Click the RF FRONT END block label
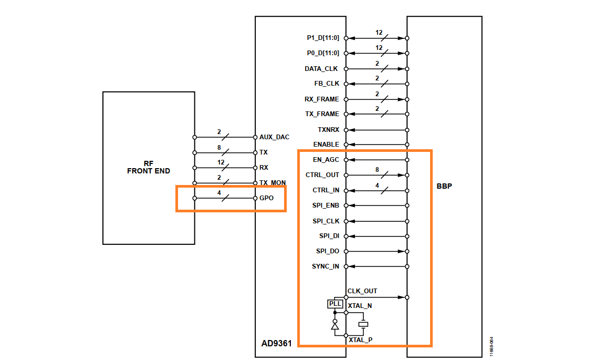click(x=149, y=168)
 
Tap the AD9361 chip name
click(x=276, y=343)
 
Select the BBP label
click(x=444, y=186)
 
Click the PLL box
click(x=335, y=304)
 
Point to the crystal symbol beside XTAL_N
click(x=363, y=324)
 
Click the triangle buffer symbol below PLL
click(x=335, y=326)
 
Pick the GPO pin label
click(x=266, y=198)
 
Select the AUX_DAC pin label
click(x=275, y=137)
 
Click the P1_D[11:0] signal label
click(x=323, y=38)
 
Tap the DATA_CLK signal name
click(x=321, y=69)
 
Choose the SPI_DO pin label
click(x=328, y=251)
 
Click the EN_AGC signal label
click(x=326, y=160)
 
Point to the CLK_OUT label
click(x=362, y=291)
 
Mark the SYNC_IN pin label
click(x=326, y=266)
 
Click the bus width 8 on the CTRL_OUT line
click(x=377, y=170)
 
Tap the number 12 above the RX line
click(x=221, y=162)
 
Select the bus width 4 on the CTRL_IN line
click(x=377, y=186)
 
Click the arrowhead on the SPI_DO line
click(x=402, y=251)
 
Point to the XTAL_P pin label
click(x=361, y=340)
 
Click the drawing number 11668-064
click(x=492, y=346)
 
